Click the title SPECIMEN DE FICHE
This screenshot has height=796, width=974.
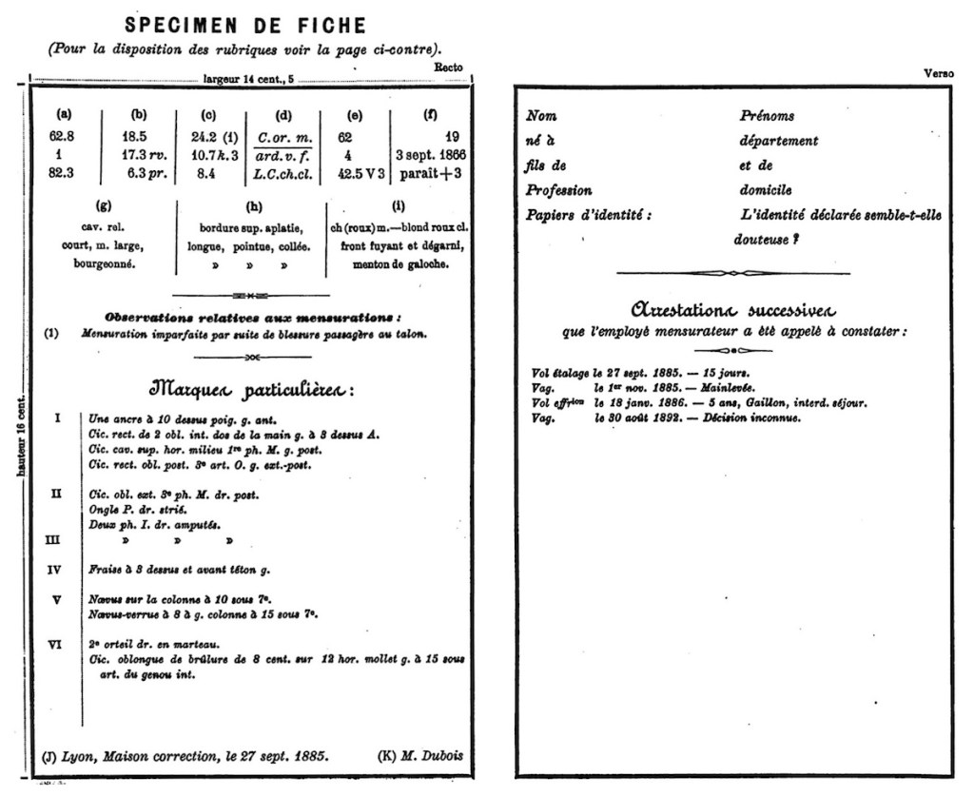[245, 25]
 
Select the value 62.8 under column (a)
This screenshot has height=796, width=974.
[63, 136]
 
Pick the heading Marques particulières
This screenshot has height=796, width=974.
[251, 390]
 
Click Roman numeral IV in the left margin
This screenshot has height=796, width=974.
[55, 570]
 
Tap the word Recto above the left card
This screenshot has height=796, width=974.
[448, 68]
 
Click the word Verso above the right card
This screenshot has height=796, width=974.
[939, 73]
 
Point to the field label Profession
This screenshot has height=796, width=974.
[558, 190]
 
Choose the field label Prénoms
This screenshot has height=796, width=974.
[767, 116]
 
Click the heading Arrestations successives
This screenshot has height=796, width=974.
[733, 310]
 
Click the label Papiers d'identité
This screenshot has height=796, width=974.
[589, 215]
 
